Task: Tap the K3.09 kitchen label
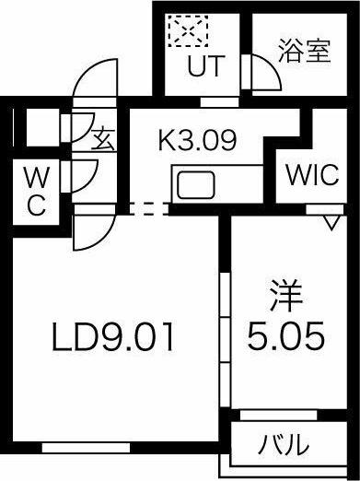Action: pos(198,141)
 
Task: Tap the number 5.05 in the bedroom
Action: pos(285,336)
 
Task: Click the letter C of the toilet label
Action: pos(35,205)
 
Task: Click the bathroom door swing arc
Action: pos(264,74)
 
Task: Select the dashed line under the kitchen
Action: pos(142,209)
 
